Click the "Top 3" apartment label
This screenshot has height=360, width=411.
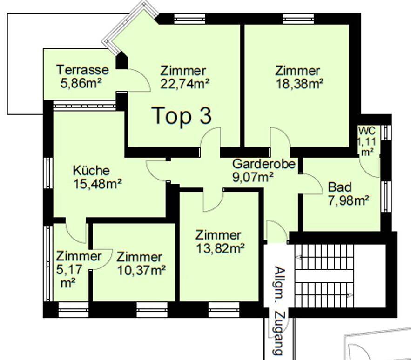point(182,115)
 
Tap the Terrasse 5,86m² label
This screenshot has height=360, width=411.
point(82,76)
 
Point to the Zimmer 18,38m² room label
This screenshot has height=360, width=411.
point(297,77)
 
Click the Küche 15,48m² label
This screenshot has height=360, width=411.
point(97,177)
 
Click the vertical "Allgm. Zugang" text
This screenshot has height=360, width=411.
point(278,310)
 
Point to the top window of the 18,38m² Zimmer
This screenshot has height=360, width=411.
point(297,19)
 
